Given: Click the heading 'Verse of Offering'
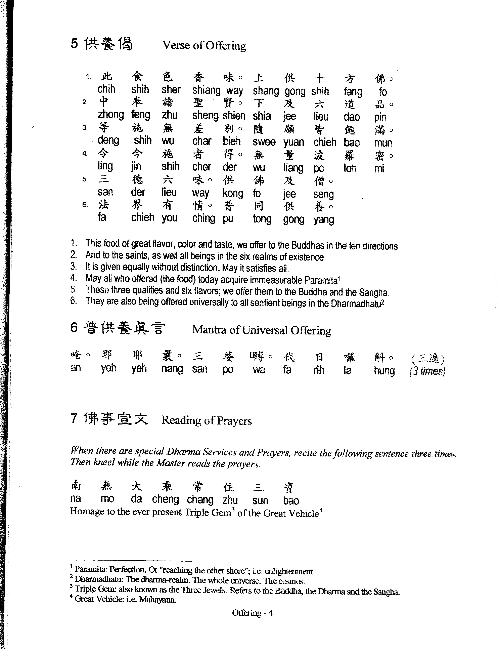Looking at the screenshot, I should click(204, 45).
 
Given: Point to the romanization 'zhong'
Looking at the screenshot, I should click(110, 115).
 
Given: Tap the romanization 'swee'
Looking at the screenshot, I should click(264, 141).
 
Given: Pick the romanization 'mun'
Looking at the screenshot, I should click(383, 143).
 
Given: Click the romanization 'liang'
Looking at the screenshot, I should click(293, 168).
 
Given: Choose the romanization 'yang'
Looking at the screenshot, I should click(324, 219).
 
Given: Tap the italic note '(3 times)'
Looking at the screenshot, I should click(427, 371).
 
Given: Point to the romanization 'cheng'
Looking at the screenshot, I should click(165, 499).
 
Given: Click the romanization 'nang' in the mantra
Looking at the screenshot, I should click(172, 369).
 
